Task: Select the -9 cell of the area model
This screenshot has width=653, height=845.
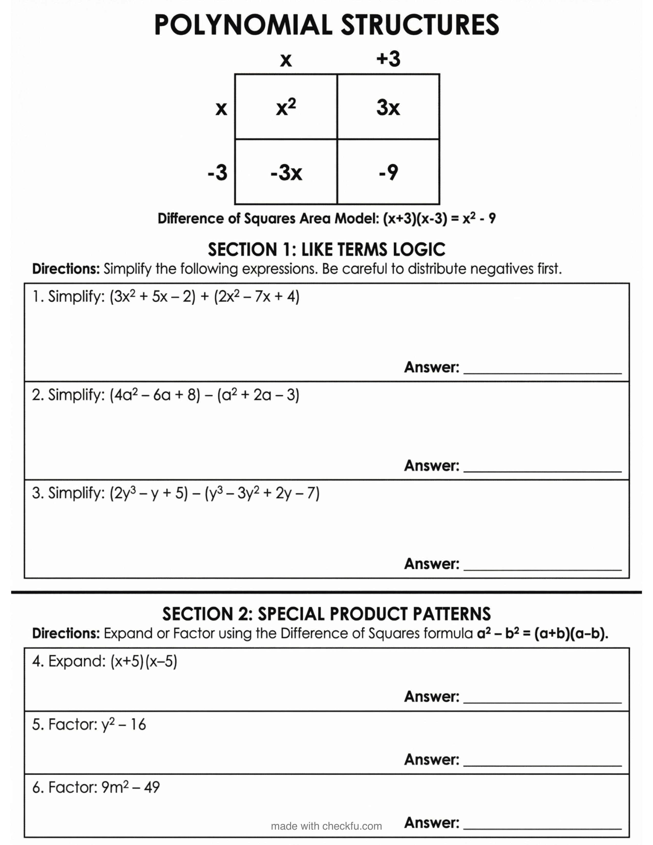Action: pyautogui.click(x=388, y=172)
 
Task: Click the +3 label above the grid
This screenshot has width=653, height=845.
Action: pyautogui.click(x=388, y=59)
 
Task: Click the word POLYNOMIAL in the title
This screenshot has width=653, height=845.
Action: pyautogui.click(x=243, y=25)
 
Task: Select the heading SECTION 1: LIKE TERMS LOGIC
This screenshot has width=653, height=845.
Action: pyautogui.click(x=327, y=250)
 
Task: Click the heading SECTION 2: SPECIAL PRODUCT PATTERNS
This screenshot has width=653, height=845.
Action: pyautogui.click(x=327, y=614)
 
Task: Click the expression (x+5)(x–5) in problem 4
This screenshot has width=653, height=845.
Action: pyautogui.click(x=143, y=661)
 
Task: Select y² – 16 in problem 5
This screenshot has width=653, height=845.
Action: pyautogui.click(x=123, y=724)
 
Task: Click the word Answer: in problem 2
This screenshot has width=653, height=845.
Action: pyautogui.click(x=431, y=466)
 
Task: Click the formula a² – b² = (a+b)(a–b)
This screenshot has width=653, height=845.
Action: pyautogui.click(x=542, y=633)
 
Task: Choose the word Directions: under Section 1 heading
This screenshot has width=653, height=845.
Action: pyautogui.click(x=66, y=269)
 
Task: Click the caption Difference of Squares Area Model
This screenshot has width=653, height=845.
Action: pyautogui.click(x=268, y=219)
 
